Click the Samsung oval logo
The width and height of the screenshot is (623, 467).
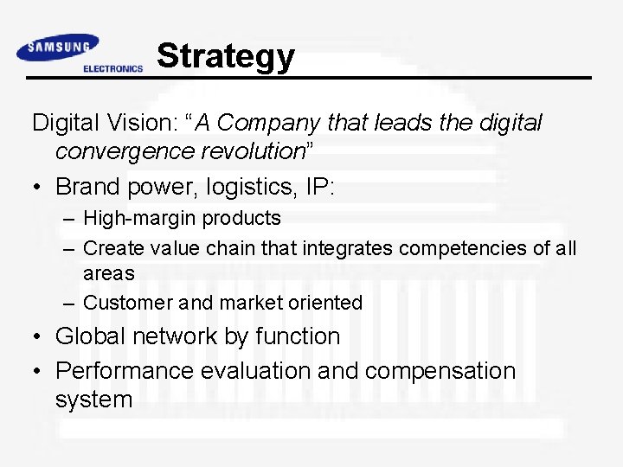(58, 48)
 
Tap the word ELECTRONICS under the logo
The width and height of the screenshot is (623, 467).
(112, 69)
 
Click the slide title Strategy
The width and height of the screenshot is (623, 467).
(226, 56)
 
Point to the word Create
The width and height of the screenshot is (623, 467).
(111, 248)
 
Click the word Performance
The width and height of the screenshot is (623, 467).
(125, 371)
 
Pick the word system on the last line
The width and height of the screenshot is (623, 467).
(93, 400)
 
